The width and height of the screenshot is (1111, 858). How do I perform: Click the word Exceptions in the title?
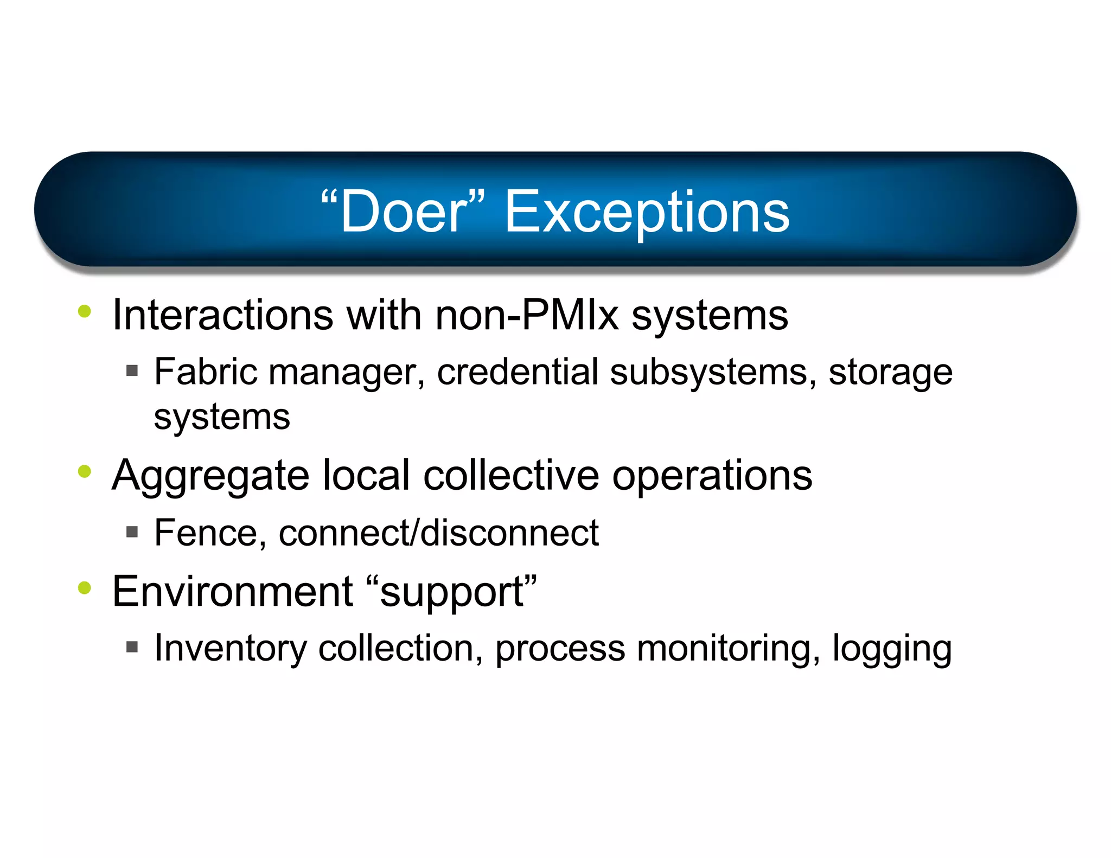647,213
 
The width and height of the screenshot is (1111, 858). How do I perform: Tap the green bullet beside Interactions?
85,311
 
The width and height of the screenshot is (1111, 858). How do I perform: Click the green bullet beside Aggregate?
85,471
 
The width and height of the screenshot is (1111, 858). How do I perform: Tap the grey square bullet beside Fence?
132,532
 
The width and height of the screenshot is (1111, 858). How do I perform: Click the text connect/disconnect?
438,533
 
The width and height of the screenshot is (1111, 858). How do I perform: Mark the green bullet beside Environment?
85,587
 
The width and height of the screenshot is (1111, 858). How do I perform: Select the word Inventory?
231,649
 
